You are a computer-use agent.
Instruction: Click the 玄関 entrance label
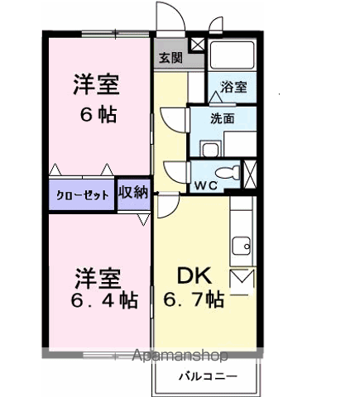pos(171,58)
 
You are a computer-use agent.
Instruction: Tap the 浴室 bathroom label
pos(233,87)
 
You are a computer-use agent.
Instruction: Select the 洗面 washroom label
pos(223,118)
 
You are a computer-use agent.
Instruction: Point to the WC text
pos(206,186)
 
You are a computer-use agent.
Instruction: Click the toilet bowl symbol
pos(228,173)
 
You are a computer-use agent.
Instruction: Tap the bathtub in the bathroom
pos(232,55)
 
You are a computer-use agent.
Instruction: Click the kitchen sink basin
pos(241,246)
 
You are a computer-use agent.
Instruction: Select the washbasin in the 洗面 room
pos(210,149)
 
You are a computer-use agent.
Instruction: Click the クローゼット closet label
pos(82,195)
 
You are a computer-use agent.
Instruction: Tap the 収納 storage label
pos(133,193)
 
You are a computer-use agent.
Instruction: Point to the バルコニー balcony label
pos(208,376)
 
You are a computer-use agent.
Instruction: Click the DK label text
pos(194,275)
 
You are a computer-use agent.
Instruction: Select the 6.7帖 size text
pos(194,299)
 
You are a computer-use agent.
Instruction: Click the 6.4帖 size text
pos(104,300)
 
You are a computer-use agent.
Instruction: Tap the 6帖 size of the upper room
pos(98,114)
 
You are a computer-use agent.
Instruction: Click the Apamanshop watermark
pos(180,356)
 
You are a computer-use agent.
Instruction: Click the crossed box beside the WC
pos(250,175)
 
